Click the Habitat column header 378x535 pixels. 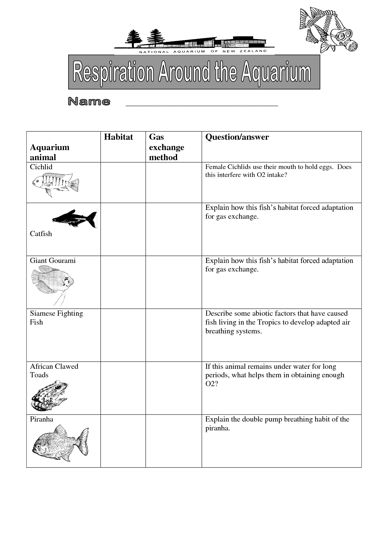pyautogui.click(x=118, y=137)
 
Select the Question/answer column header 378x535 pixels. pyautogui.click(x=237, y=137)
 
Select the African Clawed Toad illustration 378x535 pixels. pyautogui.click(x=49, y=395)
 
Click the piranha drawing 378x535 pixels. pyautogui.click(x=60, y=444)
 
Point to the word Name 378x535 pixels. pyautogui.click(x=89, y=102)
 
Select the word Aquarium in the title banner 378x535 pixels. pyautogui.click(x=276, y=73)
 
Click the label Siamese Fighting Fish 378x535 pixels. pyautogui.click(x=56, y=318)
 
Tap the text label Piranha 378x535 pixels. pyautogui.click(x=41, y=419)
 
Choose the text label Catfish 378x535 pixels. pyautogui.click(x=41, y=234)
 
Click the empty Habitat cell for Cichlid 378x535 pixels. pyautogui.click(x=123, y=182)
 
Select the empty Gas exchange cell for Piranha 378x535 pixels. pyautogui.click(x=173, y=440)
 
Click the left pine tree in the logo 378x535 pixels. pyautogui.click(x=134, y=38)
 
